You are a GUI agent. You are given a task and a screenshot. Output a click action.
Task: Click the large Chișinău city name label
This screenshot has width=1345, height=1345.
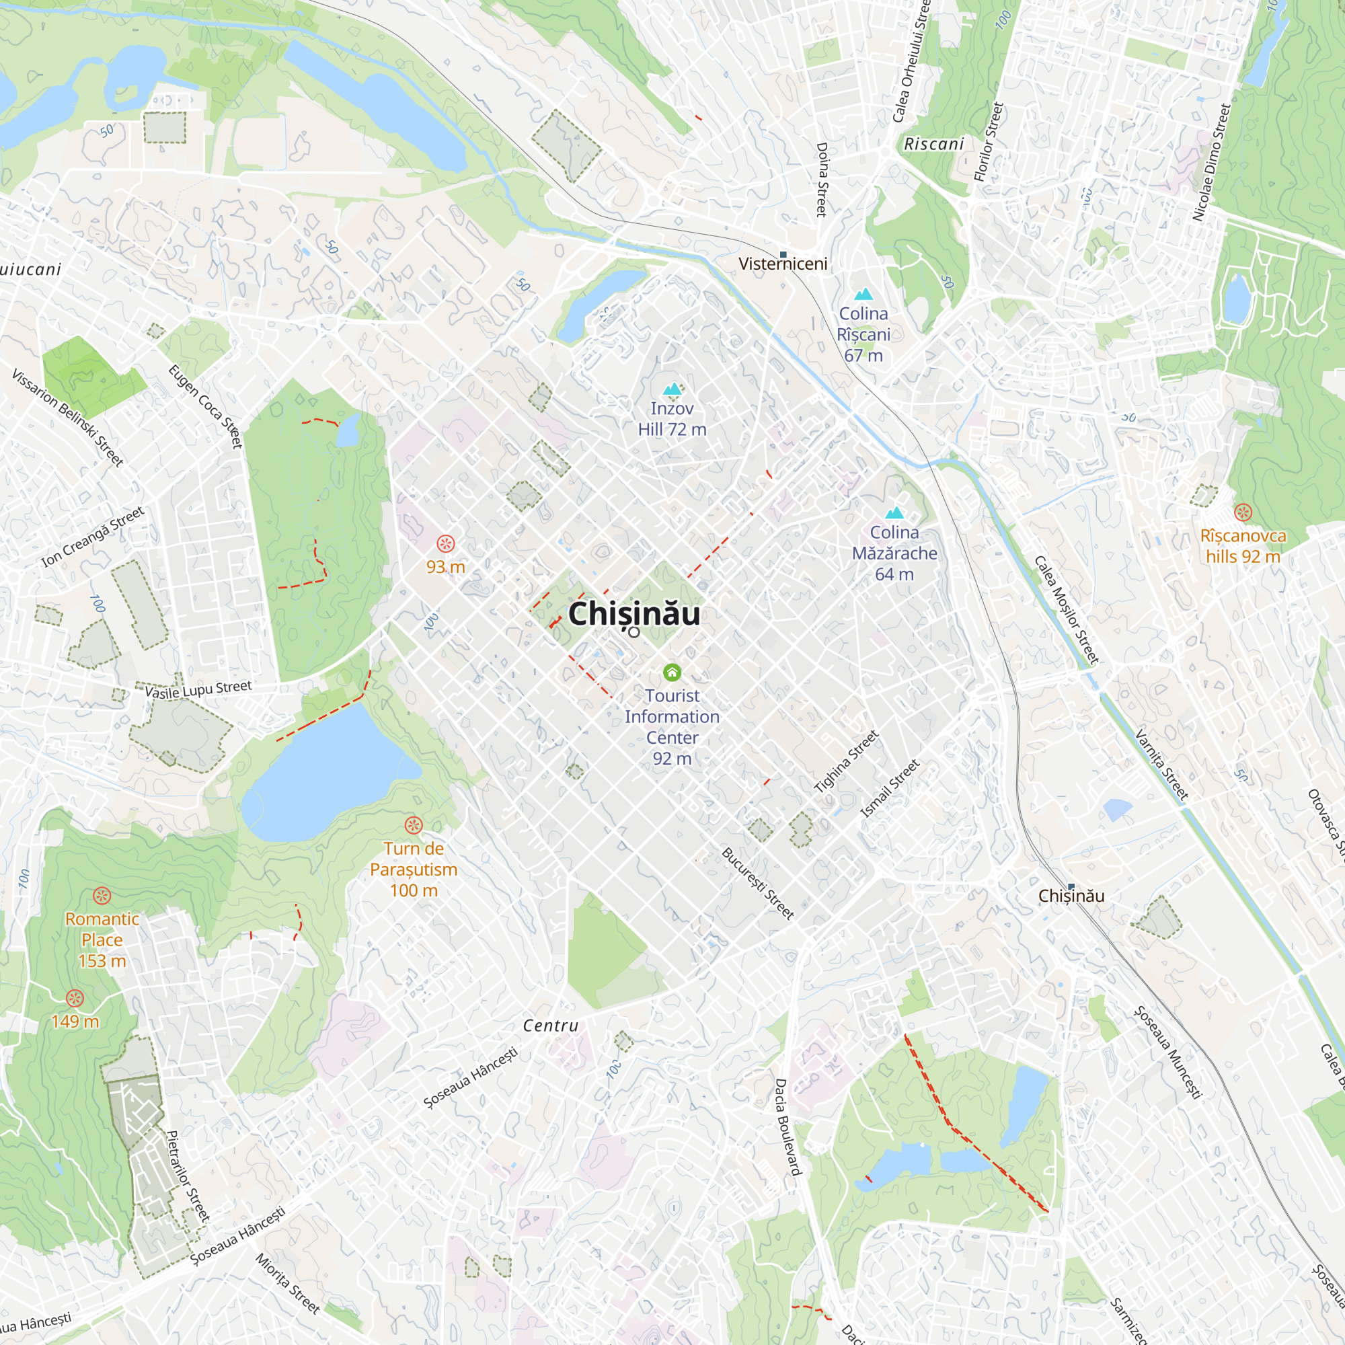pyautogui.click(x=633, y=614)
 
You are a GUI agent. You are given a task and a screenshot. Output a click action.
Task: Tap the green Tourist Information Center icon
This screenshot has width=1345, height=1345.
pyautogui.click(x=672, y=672)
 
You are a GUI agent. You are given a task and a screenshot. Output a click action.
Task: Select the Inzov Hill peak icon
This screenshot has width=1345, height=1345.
pyautogui.click(x=672, y=389)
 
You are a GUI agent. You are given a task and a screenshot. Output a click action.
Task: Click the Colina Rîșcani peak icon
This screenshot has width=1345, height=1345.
pyautogui.click(x=863, y=294)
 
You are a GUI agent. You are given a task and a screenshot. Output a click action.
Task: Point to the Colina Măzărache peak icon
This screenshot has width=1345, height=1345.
pyautogui.click(x=894, y=513)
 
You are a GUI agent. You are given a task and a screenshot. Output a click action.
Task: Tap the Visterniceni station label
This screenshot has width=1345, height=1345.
pyautogui.click(x=783, y=264)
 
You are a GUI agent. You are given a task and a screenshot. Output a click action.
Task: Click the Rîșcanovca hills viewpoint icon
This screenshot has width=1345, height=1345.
pyautogui.click(x=1243, y=513)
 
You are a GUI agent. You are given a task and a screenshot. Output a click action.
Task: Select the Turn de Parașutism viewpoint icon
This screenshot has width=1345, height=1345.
pyautogui.click(x=414, y=826)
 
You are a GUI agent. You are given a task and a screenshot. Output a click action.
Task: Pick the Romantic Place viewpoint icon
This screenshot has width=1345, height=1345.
pyautogui.click(x=102, y=896)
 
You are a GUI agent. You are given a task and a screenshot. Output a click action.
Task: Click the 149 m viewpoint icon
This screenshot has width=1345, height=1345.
pyautogui.click(x=75, y=998)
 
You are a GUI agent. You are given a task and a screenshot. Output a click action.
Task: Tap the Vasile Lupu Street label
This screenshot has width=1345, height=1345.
pyautogui.click(x=198, y=689)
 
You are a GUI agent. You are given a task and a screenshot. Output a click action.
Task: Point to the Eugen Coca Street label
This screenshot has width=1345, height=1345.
pyautogui.click(x=205, y=407)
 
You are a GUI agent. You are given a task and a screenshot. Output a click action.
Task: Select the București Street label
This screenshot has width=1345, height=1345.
pyautogui.click(x=757, y=884)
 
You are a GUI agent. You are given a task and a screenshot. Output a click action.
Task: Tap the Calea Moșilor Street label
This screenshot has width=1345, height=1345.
pyautogui.click(x=1065, y=610)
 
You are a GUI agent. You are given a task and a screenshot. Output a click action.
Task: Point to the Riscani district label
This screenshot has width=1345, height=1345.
pyautogui.click(x=933, y=144)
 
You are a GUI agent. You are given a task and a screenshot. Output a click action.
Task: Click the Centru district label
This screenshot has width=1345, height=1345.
pyautogui.click(x=551, y=1026)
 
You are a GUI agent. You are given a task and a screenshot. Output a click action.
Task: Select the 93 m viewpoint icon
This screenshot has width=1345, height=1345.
pyautogui.click(x=446, y=543)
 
